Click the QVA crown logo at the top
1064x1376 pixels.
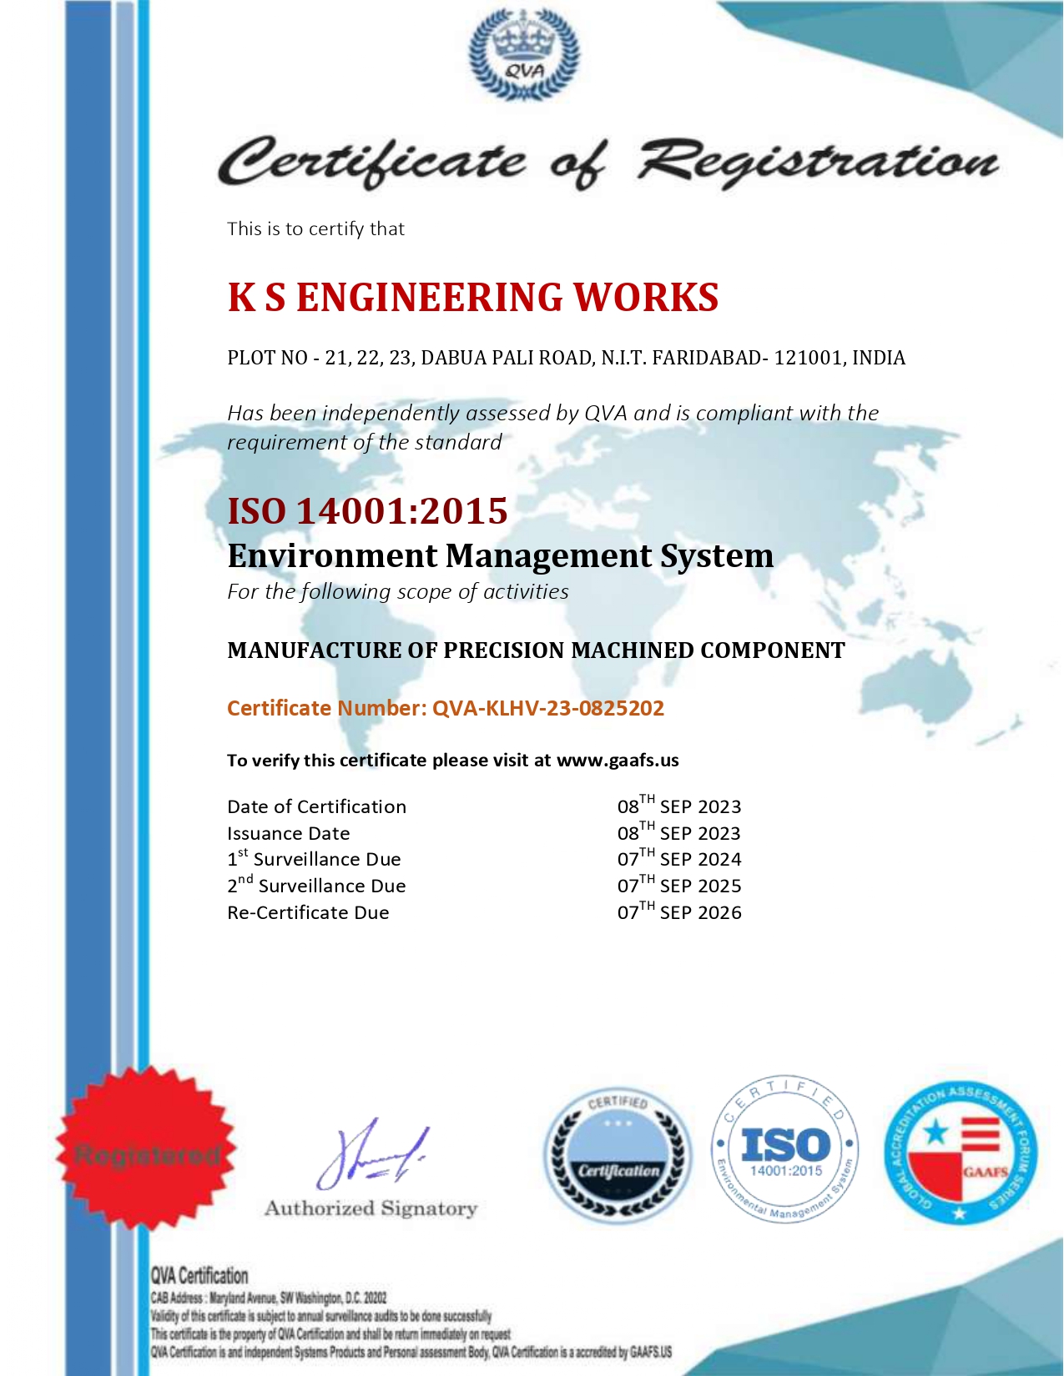point(524,55)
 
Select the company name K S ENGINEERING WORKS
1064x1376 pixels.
point(473,298)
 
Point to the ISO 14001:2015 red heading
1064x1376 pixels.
point(367,511)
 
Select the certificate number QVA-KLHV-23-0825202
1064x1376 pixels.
point(547,708)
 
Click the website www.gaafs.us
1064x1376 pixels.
point(618,761)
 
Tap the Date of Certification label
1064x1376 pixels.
point(316,806)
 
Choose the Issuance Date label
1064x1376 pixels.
point(289,833)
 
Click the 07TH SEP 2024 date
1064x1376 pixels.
point(679,859)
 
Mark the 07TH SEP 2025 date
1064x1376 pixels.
point(679,886)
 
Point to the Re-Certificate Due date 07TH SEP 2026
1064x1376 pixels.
point(679,912)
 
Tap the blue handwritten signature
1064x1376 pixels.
point(372,1156)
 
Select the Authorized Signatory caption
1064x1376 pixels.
point(371,1208)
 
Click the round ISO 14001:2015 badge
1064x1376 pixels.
point(784,1148)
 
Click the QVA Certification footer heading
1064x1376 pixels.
point(199,1276)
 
